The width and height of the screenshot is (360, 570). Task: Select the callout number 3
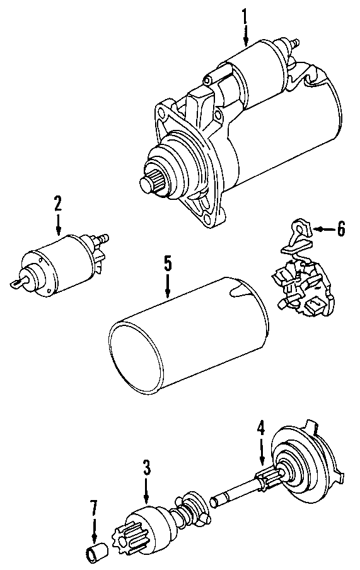pyautogui.click(x=146, y=468)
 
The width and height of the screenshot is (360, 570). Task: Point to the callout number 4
pyautogui.click(x=261, y=429)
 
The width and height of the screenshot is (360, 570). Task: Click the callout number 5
pyautogui.click(x=168, y=262)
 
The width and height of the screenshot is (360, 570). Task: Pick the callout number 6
pyautogui.click(x=340, y=229)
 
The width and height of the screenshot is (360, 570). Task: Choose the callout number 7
pyautogui.click(x=93, y=507)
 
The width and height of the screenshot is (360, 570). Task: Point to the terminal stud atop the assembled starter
pyautogui.click(x=293, y=43)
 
